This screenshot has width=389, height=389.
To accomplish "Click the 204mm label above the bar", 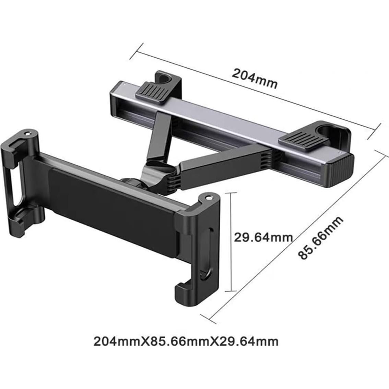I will tap(254, 79).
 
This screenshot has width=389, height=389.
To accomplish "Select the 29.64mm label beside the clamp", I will tap(263, 237).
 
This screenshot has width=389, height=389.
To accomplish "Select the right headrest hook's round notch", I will tap(326, 131).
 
